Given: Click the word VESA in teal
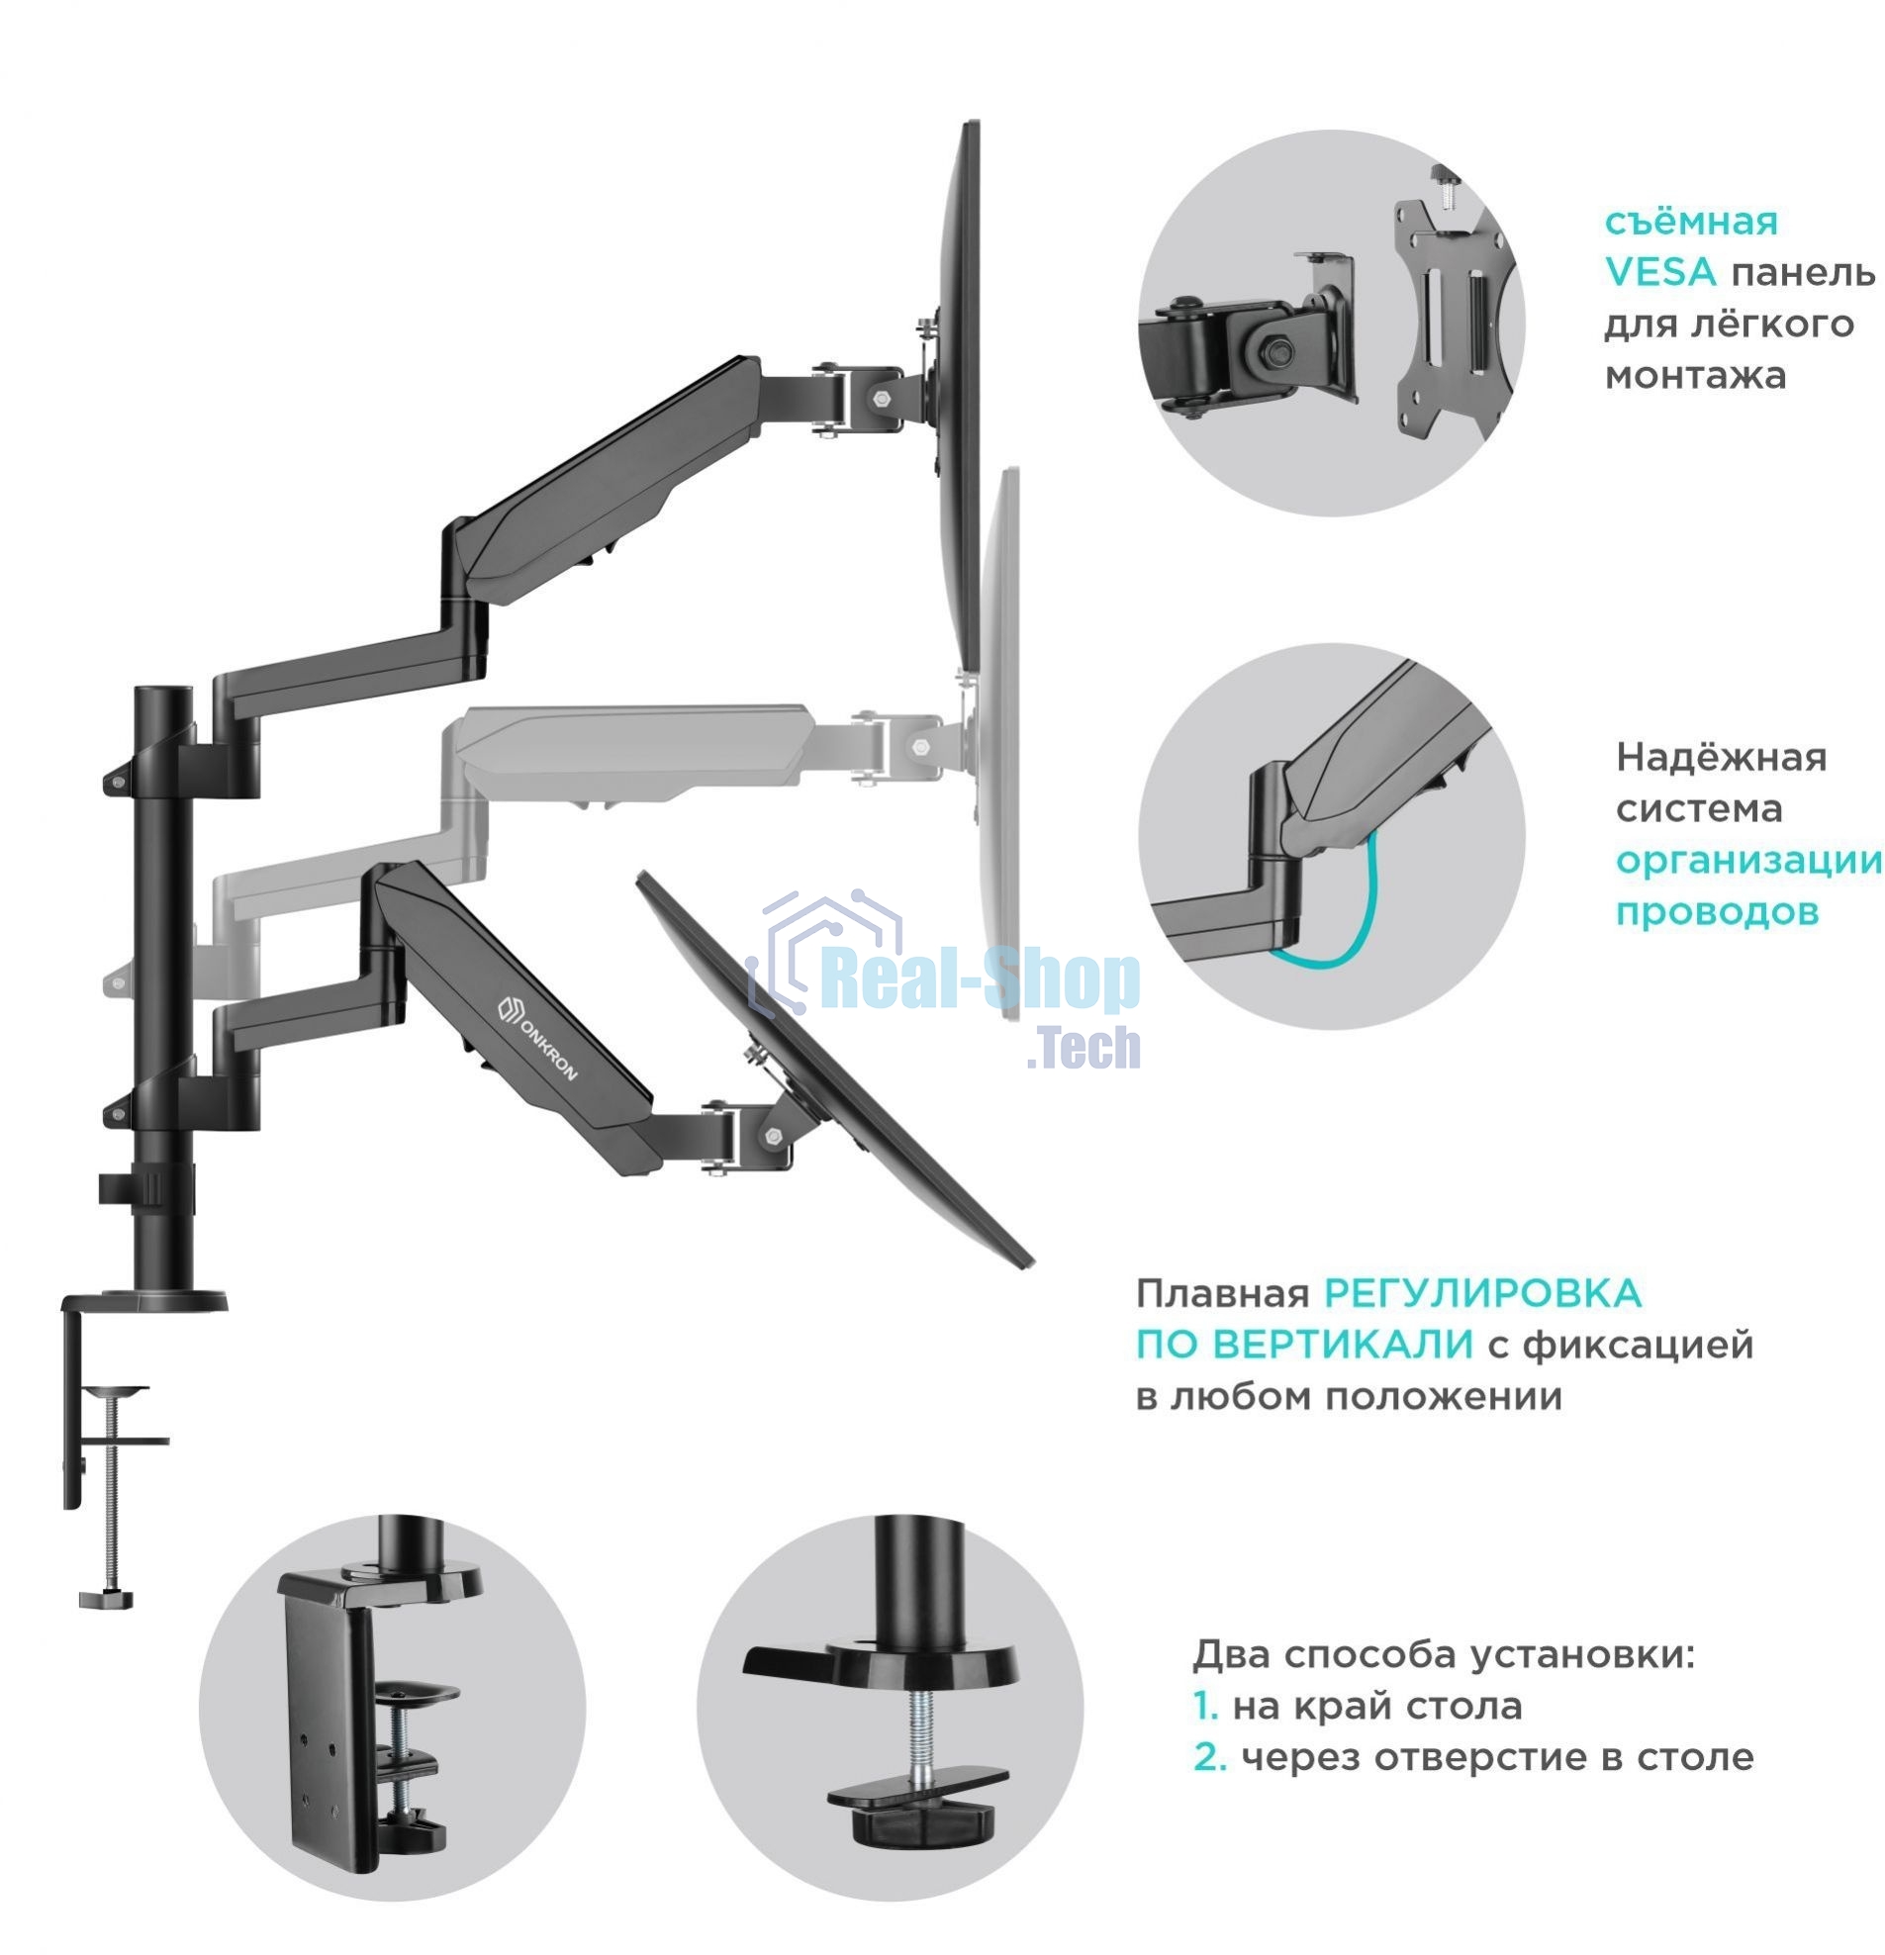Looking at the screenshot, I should (1659, 272).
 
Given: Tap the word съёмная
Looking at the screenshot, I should (1689, 222).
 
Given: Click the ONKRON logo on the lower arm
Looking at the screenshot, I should (537, 1037).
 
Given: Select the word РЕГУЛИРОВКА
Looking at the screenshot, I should (1481, 1295).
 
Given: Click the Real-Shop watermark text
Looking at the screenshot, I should (983, 980).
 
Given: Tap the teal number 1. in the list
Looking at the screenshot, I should (1206, 1707).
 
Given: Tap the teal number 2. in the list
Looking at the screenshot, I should (1209, 1757).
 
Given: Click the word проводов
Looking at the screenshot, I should (1717, 912).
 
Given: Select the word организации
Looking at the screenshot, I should (1747, 861).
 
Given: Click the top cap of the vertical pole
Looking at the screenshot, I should (162, 693).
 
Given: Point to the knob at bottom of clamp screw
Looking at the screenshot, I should (106, 1599).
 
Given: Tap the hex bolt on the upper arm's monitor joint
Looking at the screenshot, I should (881, 397).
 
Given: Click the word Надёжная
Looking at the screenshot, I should (1721, 758).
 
